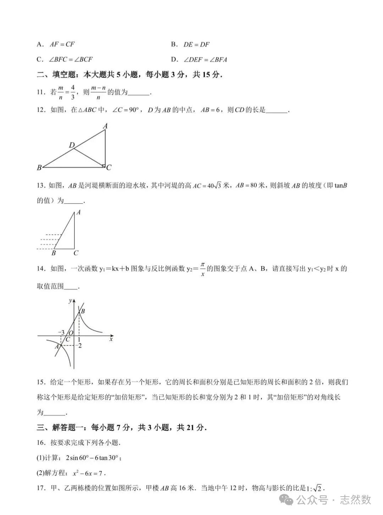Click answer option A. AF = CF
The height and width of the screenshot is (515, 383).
pos(56,44)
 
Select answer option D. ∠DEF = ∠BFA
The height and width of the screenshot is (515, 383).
pos(199,60)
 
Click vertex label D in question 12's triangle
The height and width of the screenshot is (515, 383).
pos(72,145)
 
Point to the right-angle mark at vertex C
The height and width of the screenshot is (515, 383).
pos(103,166)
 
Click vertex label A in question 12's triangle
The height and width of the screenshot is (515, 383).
pos(105,126)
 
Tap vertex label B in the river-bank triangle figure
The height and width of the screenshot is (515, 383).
pos(54,253)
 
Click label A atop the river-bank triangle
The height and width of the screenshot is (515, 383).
pos(78,212)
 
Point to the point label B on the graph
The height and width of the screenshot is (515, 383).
pos(83,311)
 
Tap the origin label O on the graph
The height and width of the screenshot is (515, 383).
pos(71,333)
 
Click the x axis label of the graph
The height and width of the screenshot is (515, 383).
pos(111,340)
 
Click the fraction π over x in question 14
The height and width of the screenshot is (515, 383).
pos(202,269)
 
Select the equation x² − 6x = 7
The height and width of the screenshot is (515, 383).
pos(89,473)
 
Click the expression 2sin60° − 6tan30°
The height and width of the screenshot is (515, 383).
pos(93,458)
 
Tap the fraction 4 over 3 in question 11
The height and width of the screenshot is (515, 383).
pos(72,92)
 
